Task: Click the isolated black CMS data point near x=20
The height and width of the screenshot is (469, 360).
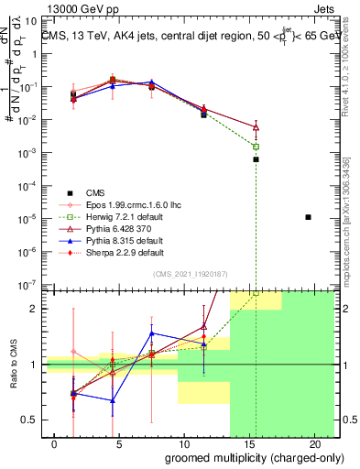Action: [308, 217]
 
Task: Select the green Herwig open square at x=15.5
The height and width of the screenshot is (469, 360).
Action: [256, 147]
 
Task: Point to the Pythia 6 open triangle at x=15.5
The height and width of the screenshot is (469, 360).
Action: [256, 127]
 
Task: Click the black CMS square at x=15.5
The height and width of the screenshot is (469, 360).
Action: [256, 159]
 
